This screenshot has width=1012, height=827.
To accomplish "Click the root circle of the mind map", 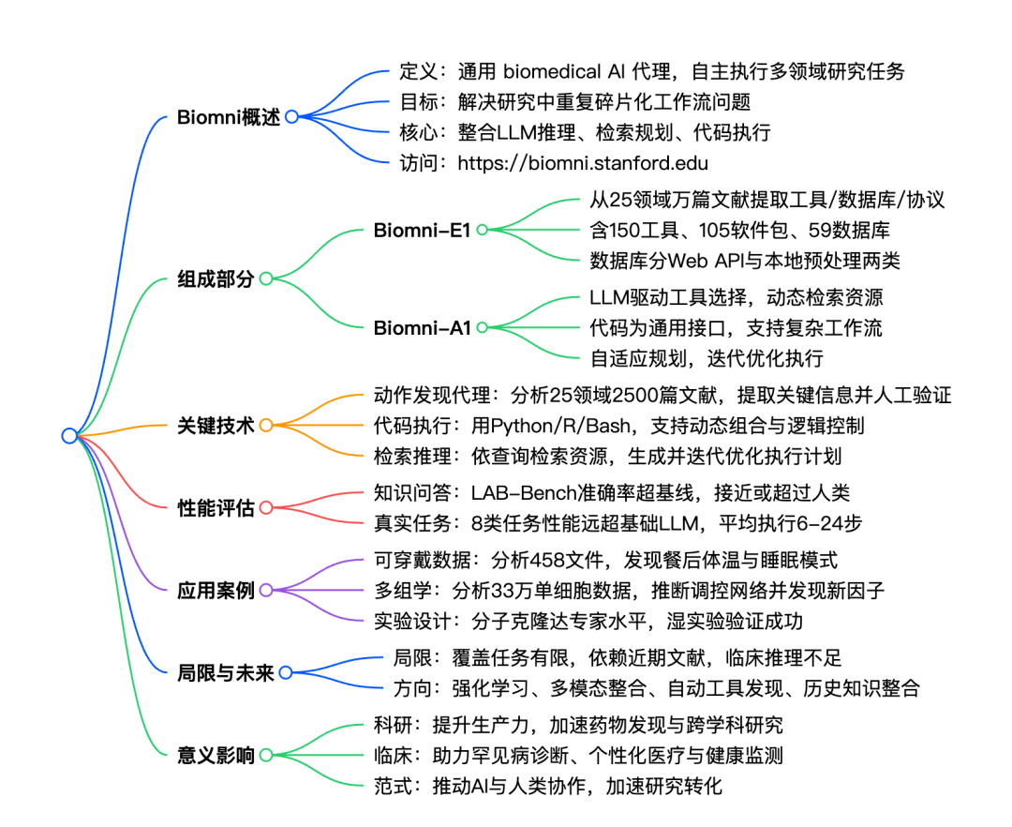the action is pyautogui.click(x=69, y=436).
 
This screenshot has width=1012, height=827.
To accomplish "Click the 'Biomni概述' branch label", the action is pyautogui.click(x=229, y=117).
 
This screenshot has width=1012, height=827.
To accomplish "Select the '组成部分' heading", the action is pyautogui.click(x=216, y=278).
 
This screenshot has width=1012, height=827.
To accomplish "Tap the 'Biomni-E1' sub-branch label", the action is pyautogui.click(x=422, y=230).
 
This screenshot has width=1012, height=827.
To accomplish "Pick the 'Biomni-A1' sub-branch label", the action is pyautogui.click(x=422, y=328).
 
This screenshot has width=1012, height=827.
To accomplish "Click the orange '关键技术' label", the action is pyautogui.click(x=216, y=426).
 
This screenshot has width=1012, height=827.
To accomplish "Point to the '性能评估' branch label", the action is pyautogui.click(x=216, y=508).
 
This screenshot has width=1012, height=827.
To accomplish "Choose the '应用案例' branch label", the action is pyautogui.click(x=216, y=590).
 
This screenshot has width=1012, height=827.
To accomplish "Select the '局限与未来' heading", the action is pyautogui.click(x=225, y=672).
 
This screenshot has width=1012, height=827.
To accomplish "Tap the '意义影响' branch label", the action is pyautogui.click(x=216, y=755).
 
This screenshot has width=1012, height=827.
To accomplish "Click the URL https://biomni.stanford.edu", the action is pyautogui.click(x=583, y=163).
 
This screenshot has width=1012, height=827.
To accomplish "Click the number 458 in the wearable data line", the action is pyautogui.click(x=547, y=560).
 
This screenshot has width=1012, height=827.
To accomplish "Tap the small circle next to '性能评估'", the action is pyautogui.click(x=266, y=508).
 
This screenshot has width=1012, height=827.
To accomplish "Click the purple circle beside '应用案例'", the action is pyautogui.click(x=266, y=590).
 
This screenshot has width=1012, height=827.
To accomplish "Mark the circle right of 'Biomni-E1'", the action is pyautogui.click(x=483, y=230).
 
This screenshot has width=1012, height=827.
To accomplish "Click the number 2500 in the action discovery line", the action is pyautogui.click(x=652, y=395).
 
